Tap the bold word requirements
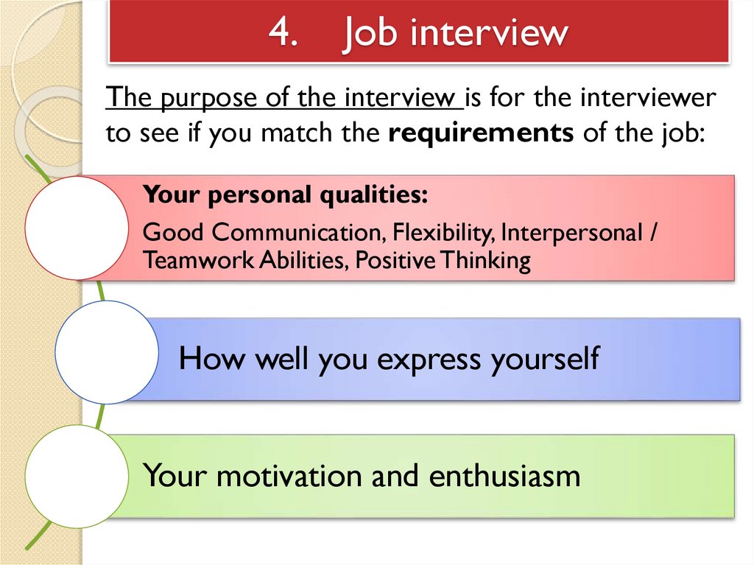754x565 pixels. click(481, 134)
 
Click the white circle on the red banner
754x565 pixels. click(77, 228)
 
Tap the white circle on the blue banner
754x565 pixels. click(107, 351)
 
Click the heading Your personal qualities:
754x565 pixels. click(285, 195)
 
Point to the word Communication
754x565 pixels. click(295, 233)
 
